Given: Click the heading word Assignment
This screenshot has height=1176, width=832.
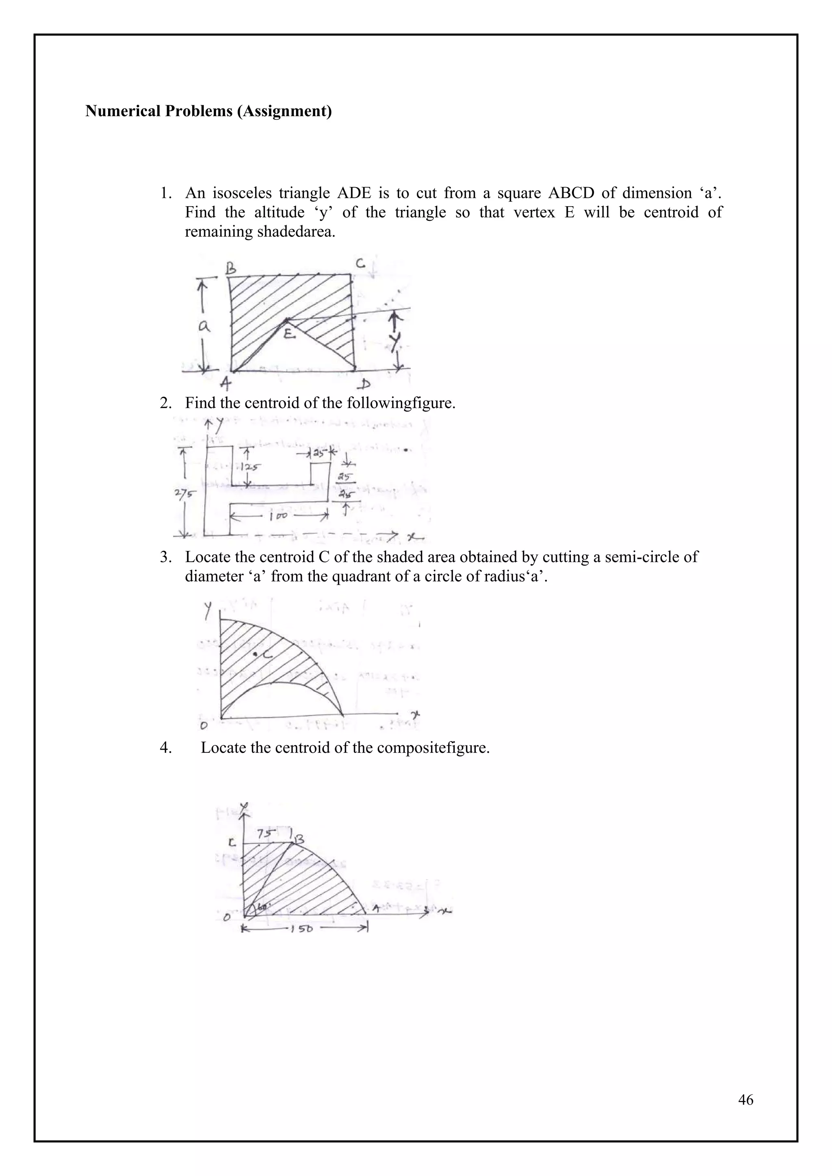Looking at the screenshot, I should point(284,111).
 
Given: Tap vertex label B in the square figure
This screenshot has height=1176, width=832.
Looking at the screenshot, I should point(231,267).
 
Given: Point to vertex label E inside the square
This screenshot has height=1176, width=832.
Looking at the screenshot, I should point(289,334).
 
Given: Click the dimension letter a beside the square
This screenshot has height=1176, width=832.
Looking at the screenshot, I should point(204,326).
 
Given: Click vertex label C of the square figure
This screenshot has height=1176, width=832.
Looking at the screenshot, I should point(361,264).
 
